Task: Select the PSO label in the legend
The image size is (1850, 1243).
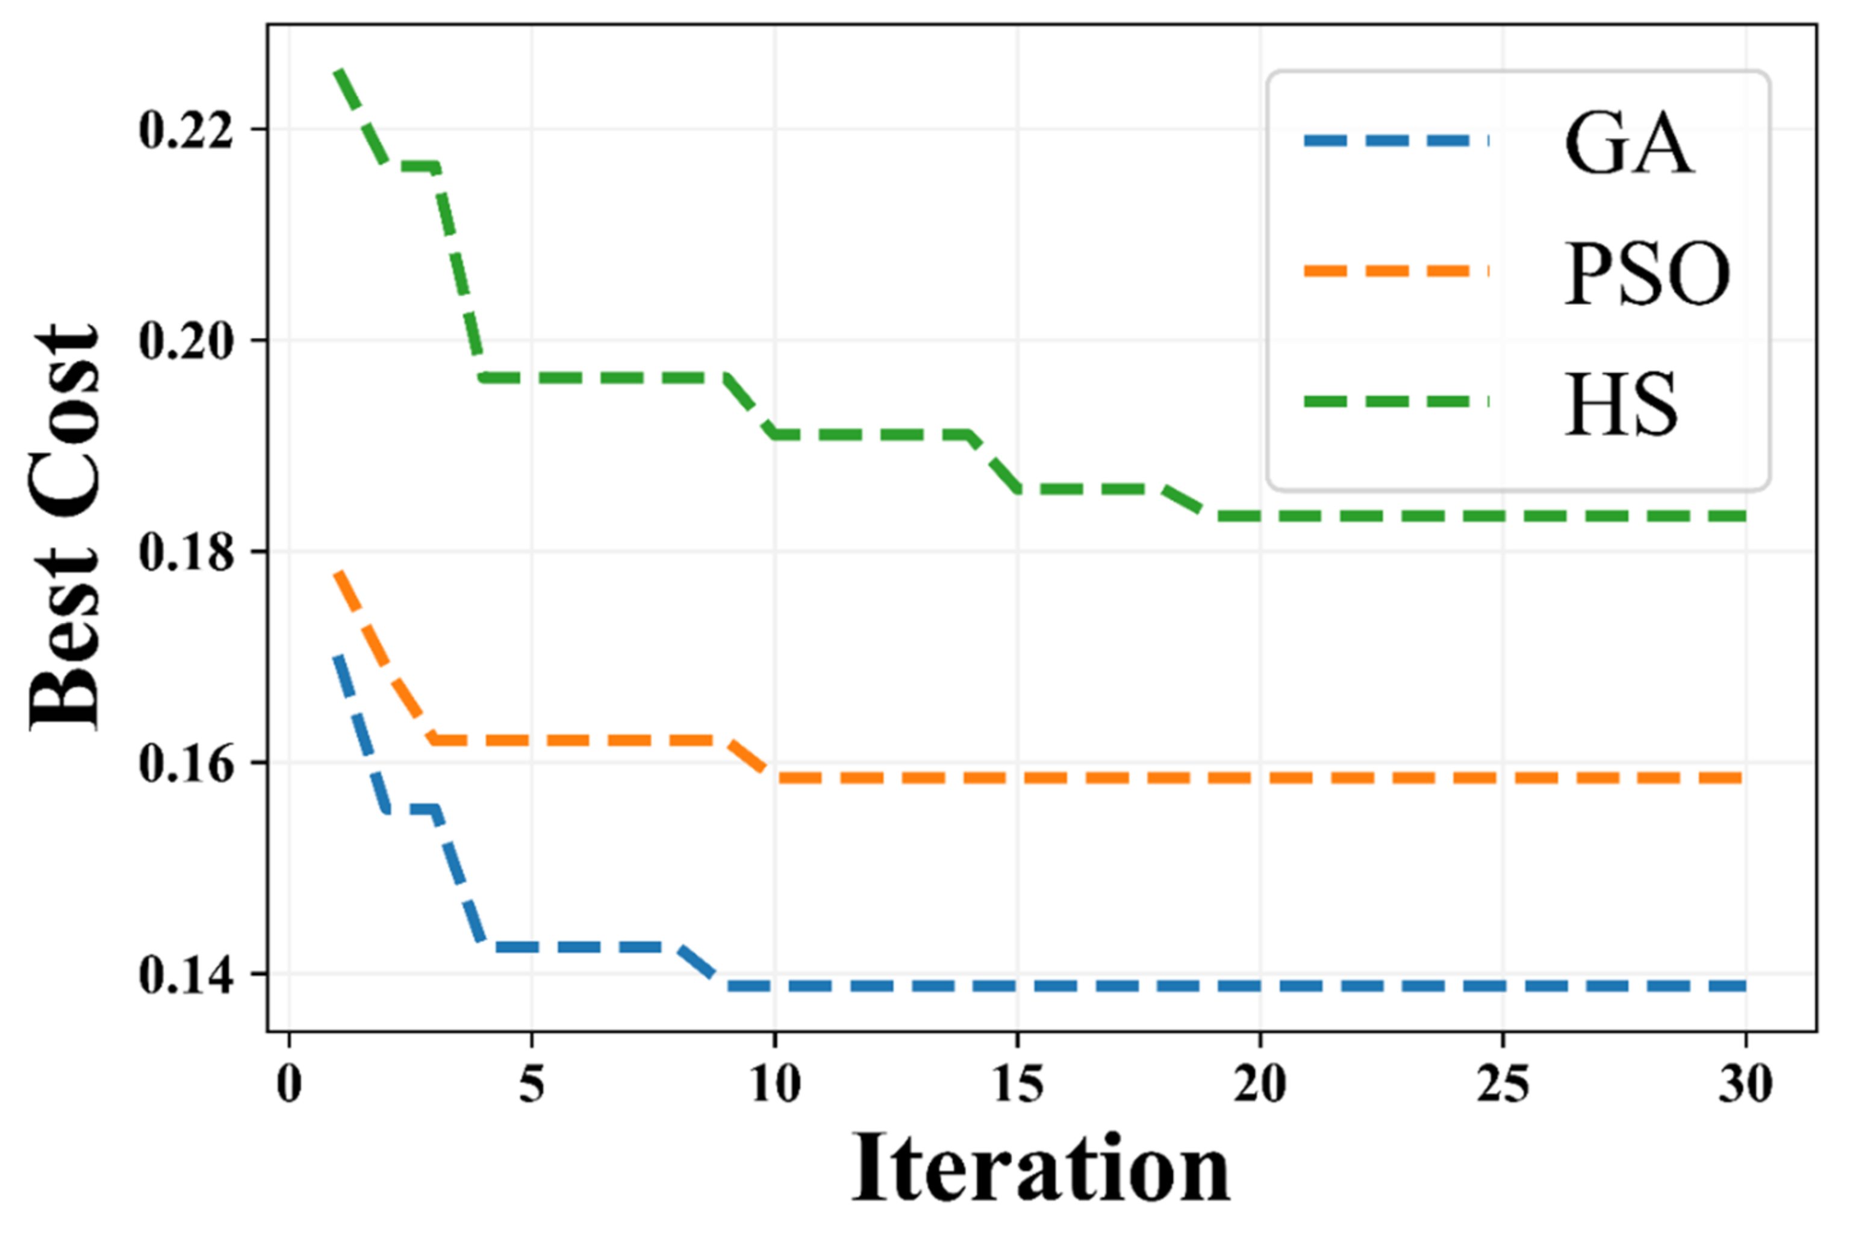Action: coord(1646,273)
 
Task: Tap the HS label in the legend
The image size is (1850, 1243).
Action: coord(1621,404)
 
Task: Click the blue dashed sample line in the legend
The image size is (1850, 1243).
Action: coord(1396,141)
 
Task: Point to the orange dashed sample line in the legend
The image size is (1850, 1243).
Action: coord(1396,271)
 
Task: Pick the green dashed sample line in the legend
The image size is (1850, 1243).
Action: coord(1396,402)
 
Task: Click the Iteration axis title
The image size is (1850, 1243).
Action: coord(1040,1170)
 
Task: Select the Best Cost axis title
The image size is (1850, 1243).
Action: coord(65,526)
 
